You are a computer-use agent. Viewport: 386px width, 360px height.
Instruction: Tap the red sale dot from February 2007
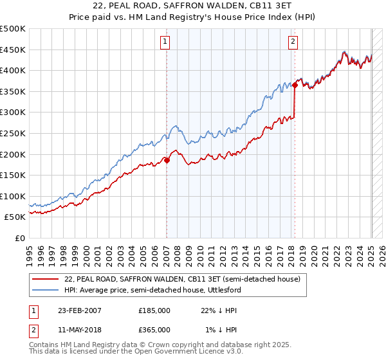pyautogui.click(x=167, y=161)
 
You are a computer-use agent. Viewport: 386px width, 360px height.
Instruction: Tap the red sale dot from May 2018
pyautogui.click(x=295, y=85)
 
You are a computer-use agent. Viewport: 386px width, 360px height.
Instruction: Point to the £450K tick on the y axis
pyautogui.click(x=14, y=50)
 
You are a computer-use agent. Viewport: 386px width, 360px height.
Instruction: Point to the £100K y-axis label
pyautogui.click(x=14, y=196)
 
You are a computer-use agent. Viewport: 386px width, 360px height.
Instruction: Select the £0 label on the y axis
pyautogui.click(x=21, y=238)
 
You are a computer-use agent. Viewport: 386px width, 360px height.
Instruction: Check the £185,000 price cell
pyautogui.click(x=154, y=310)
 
